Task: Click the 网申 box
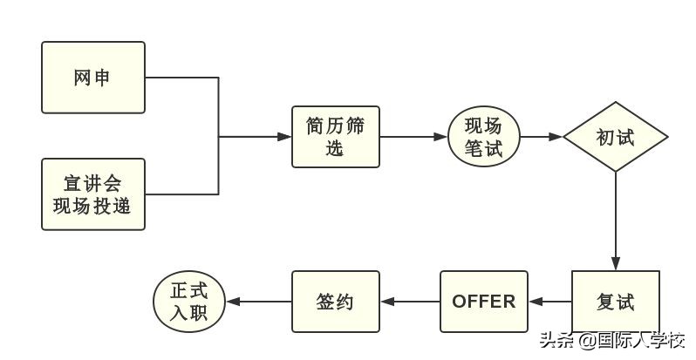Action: [x=93, y=78]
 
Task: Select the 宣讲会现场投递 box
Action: [x=93, y=194]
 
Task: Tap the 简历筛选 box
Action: [x=336, y=137]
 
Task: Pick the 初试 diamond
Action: [x=616, y=137]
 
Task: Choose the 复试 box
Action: [x=616, y=302]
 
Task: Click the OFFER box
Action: [x=484, y=302]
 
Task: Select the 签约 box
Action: [x=336, y=302]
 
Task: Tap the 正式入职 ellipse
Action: [x=189, y=302]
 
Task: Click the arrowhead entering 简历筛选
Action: [x=284, y=137]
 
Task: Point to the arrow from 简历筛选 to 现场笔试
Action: [x=414, y=137]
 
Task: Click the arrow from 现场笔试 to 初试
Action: [x=541, y=137]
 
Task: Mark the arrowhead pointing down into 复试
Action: [x=616, y=264]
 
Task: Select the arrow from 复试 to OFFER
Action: [x=550, y=302]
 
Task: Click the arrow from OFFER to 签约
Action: [x=410, y=302]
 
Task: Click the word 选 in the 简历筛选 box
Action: [x=336, y=149]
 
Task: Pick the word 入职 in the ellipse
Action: [x=189, y=313]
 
